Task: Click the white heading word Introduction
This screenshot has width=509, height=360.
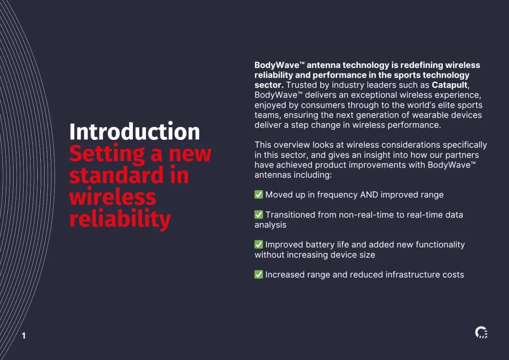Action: pyautogui.click(x=135, y=131)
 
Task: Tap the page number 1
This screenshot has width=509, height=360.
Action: pyautogui.click(x=24, y=336)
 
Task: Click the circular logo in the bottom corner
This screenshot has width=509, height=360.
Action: pyautogui.click(x=481, y=332)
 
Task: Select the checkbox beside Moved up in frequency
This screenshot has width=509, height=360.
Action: pyautogui.click(x=258, y=195)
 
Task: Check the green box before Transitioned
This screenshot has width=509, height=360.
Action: pyautogui.click(x=258, y=215)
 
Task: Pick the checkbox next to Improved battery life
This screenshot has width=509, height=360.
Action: pyautogui.click(x=258, y=245)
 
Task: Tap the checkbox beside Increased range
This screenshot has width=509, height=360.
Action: pyautogui.click(x=258, y=274)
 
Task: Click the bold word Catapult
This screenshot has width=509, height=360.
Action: pyautogui.click(x=450, y=85)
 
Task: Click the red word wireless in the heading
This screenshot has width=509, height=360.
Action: pyautogui.click(x=113, y=197)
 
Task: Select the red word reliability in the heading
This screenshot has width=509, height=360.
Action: pyautogui.click(x=120, y=219)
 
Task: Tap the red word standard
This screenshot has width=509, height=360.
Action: pyautogui.click(x=117, y=175)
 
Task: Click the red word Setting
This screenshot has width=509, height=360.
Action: pyautogui.click(x=107, y=154)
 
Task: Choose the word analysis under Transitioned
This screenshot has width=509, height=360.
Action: pyautogui.click(x=270, y=225)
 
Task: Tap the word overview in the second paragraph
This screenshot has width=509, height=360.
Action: pyautogui.click(x=291, y=145)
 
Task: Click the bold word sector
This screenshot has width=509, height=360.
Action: pyautogui.click(x=269, y=85)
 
